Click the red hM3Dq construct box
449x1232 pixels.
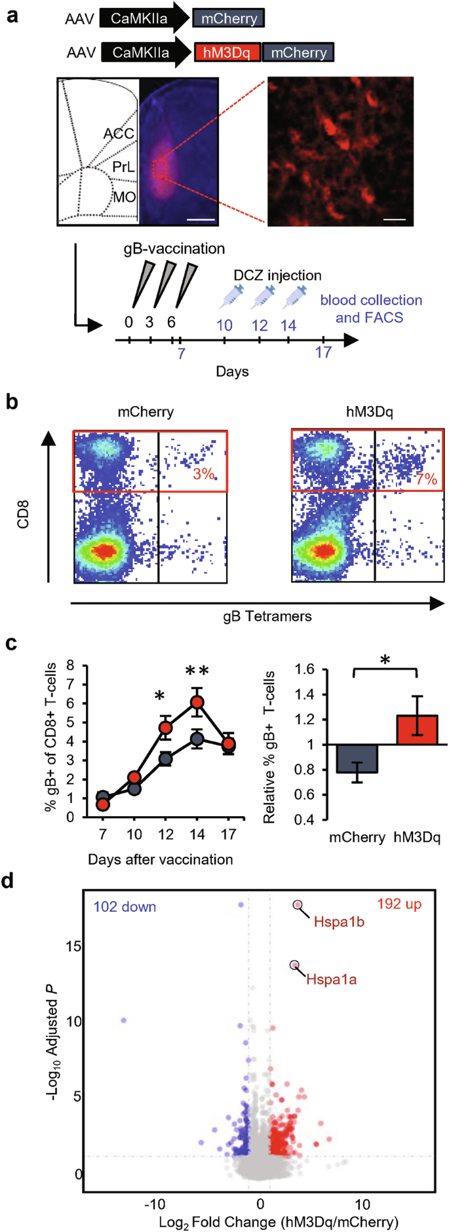tap(227, 52)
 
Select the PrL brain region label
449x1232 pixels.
tap(123, 167)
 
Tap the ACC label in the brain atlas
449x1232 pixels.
tap(119, 134)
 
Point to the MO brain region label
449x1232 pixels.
tap(125, 196)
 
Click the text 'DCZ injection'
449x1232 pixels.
tap(277, 275)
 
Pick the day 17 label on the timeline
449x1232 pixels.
tap(323, 352)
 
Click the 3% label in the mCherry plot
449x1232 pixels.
tap(204, 474)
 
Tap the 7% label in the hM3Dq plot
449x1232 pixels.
tap(426, 479)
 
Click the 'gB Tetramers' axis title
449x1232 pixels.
tap(267, 616)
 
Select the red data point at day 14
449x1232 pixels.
tap(197, 703)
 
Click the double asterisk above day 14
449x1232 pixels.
tap(197, 671)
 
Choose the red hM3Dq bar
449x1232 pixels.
tap(417, 730)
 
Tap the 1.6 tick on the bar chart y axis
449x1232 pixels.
tap(305, 669)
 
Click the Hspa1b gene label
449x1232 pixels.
tap(339, 922)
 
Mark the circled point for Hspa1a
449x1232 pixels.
tap(295, 965)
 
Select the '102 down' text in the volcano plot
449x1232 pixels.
tap(125, 907)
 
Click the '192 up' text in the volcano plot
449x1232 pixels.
tap(399, 905)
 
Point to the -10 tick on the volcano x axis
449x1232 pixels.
tap(155, 1204)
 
